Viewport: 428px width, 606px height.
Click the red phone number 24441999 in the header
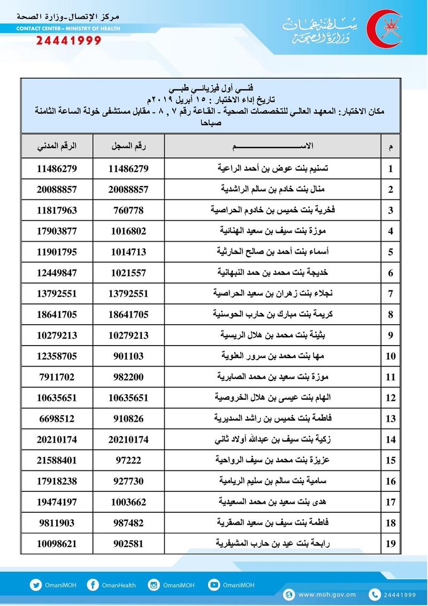[68, 41]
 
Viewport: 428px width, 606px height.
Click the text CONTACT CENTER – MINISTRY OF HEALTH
[68, 28]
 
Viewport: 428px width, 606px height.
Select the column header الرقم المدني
[57, 146]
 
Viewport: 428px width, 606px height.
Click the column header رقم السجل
[128, 146]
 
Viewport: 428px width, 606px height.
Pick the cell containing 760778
[128, 210]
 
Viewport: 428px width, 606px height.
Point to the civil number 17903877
[57, 231]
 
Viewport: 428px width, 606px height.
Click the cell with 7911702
[57, 377]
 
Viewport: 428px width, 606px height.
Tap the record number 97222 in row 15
[128, 460]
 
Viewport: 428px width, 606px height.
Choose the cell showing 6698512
[57, 418]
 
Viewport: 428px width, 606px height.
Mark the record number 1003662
[128, 502]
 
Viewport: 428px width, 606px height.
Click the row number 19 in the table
[391, 544]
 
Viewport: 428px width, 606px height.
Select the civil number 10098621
[57, 544]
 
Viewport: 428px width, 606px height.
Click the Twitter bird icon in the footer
[36, 585]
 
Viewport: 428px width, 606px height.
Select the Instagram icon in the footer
[155, 585]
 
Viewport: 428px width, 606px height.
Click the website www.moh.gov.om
[327, 595]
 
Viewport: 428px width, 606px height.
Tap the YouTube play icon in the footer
[214, 585]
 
